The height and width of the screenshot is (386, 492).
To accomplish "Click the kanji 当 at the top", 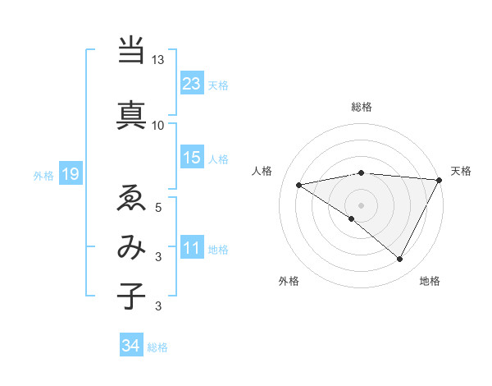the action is click(x=131, y=50).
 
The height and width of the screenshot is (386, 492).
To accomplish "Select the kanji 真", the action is click(x=131, y=113).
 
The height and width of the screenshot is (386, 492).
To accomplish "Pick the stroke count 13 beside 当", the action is click(x=158, y=61).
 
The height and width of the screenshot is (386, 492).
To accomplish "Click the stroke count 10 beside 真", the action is click(x=158, y=125).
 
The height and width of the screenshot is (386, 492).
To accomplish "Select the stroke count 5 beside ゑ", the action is click(x=159, y=208).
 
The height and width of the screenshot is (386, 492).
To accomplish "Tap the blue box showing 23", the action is click(x=192, y=83).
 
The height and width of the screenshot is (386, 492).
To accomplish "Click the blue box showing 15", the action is click(x=192, y=157).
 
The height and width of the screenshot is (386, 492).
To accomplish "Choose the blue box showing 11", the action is click(x=192, y=247).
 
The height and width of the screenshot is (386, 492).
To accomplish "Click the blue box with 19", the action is click(x=70, y=173).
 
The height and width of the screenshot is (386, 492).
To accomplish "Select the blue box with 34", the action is click(x=131, y=346).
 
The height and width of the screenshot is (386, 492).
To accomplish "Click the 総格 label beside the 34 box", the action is click(x=157, y=347).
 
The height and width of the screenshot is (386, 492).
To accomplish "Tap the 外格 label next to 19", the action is click(x=43, y=174).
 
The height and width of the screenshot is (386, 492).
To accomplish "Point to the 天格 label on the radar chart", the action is click(x=461, y=171).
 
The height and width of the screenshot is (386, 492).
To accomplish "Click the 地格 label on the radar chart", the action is click(x=430, y=281).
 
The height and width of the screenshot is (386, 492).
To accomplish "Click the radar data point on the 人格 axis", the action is click(x=299, y=185).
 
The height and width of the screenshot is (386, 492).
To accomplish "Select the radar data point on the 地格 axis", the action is click(x=400, y=260).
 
